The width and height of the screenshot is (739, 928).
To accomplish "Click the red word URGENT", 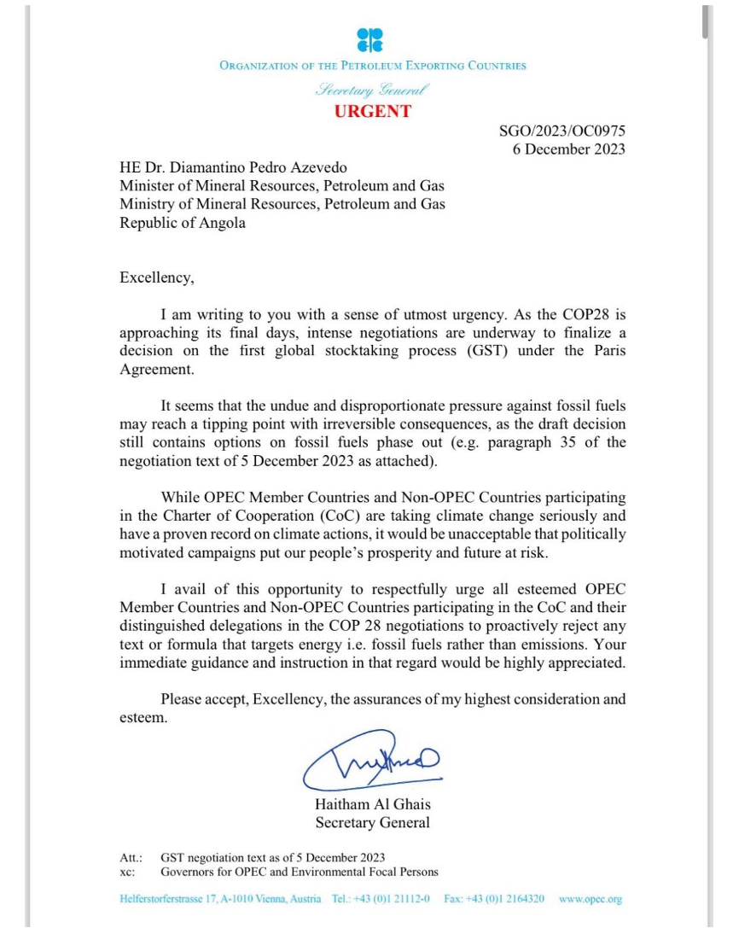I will [372, 111].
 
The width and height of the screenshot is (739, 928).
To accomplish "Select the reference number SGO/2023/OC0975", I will [562, 131].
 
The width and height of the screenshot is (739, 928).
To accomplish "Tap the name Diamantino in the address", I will [213, 167].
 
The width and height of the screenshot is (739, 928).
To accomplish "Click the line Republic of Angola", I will [183, 223].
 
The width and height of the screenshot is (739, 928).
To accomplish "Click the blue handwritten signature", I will [372, 759].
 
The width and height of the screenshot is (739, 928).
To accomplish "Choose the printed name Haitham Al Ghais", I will [372, 805].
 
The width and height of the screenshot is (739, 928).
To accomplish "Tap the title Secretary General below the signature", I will [372, 823].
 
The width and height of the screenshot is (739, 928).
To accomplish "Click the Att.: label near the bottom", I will [131, 858].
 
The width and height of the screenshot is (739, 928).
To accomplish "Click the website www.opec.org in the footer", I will [591, 899].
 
